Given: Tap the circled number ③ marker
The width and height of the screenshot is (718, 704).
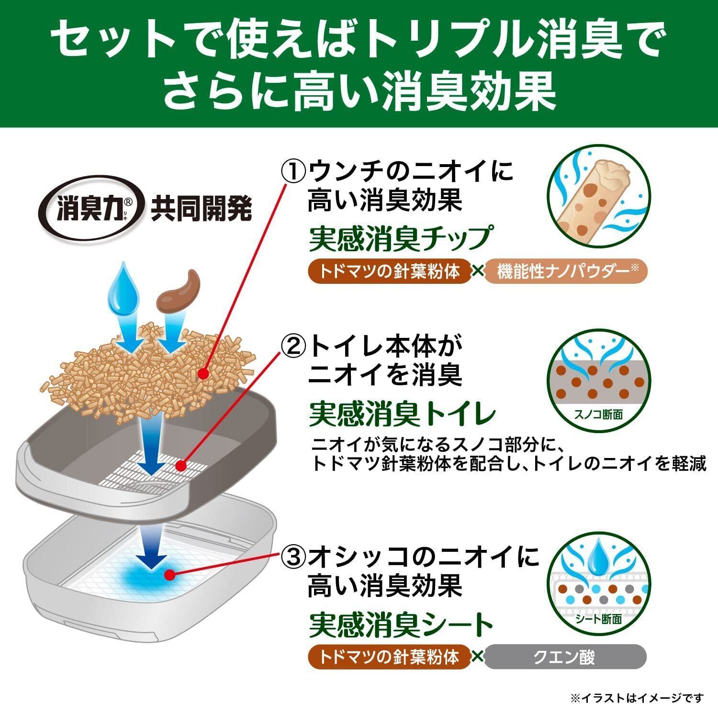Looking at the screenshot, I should pos(292,556).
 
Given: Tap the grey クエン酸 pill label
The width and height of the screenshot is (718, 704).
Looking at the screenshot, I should pos(564,657).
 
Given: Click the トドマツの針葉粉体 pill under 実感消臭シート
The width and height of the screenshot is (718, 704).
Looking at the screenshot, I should pos(389,657).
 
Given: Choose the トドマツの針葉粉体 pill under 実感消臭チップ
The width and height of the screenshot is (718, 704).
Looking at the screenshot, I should pos(389,272).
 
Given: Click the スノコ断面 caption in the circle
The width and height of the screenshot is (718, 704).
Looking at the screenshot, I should pos(598,414).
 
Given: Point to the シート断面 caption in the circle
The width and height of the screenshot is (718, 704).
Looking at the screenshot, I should pos(598,619).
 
